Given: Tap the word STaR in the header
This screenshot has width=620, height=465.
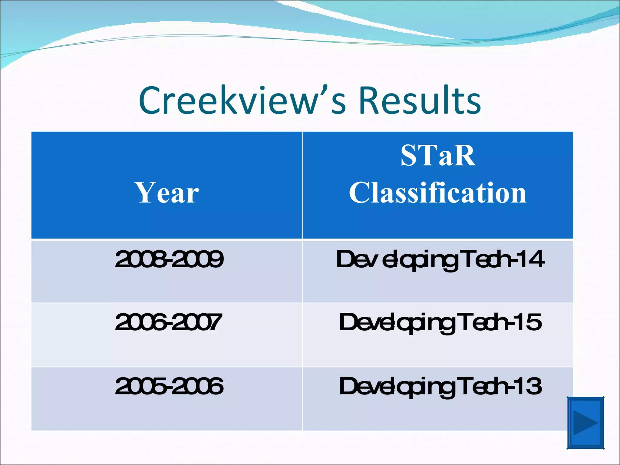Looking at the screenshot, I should coord(438,156).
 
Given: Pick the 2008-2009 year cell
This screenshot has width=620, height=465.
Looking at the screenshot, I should coord(169,259).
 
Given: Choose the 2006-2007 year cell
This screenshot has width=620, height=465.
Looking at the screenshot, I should coord(168,322).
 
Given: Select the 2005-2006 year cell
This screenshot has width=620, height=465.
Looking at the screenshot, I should coord(169,386).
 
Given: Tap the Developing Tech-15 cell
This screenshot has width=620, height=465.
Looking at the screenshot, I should coord(440,323).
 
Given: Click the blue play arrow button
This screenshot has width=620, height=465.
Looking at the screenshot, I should coord(585,423).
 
